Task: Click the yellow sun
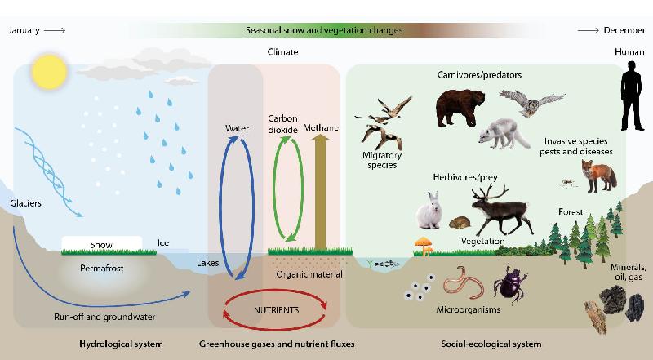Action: (50, 72)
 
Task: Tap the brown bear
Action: (460, 108)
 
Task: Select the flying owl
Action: (531, 102)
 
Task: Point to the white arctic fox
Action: (504, 134)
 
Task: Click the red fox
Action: (599, 176)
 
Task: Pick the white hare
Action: (429, 211)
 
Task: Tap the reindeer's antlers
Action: (490, 192)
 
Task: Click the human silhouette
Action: (632, 96)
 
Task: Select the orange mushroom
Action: (424, 246)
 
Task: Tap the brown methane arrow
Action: (320, 192)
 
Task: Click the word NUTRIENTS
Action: (277, 310)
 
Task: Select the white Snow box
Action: (102, 243)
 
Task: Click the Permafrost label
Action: (101, 268)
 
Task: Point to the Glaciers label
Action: (26, 203)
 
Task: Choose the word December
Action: (624, 30)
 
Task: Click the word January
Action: (24, 30)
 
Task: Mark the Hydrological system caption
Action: (121, 344)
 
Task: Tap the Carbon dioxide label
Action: (282, 124)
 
